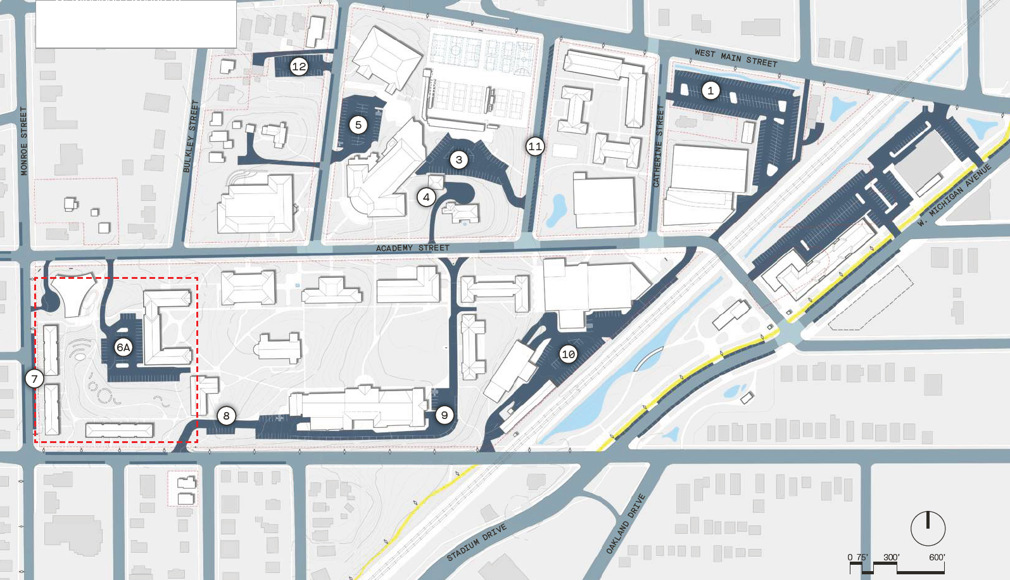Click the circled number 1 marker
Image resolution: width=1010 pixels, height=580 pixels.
point(710,91)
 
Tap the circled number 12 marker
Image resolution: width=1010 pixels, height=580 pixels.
point(299,66)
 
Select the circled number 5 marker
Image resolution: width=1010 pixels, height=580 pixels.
point(358,125)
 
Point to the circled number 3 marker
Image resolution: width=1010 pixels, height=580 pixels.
point(459,160)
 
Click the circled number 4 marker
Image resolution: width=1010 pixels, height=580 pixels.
point(426,197)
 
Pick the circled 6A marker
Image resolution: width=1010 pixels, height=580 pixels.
point(123,347)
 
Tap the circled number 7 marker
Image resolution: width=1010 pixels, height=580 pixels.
point(34,379)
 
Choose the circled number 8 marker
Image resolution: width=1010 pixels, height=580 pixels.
point(226,416)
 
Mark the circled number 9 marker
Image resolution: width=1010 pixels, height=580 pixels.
point(445,415)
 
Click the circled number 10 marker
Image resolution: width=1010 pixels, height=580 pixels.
point(568,354)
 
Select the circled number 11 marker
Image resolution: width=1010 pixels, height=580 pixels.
point(535,146)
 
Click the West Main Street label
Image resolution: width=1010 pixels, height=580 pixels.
point(736,58)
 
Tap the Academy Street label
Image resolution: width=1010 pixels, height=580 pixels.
point(413,248)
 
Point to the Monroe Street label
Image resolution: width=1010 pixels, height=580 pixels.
point(24,141)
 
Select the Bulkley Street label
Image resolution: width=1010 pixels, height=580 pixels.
point(191,136)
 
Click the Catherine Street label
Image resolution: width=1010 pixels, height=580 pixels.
point(659,146)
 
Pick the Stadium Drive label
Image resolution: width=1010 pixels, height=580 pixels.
point(476,543)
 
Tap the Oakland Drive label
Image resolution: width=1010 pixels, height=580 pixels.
point(626,524)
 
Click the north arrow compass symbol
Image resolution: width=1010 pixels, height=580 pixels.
point(928,528)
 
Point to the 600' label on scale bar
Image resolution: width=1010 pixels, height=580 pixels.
point(937,558)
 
